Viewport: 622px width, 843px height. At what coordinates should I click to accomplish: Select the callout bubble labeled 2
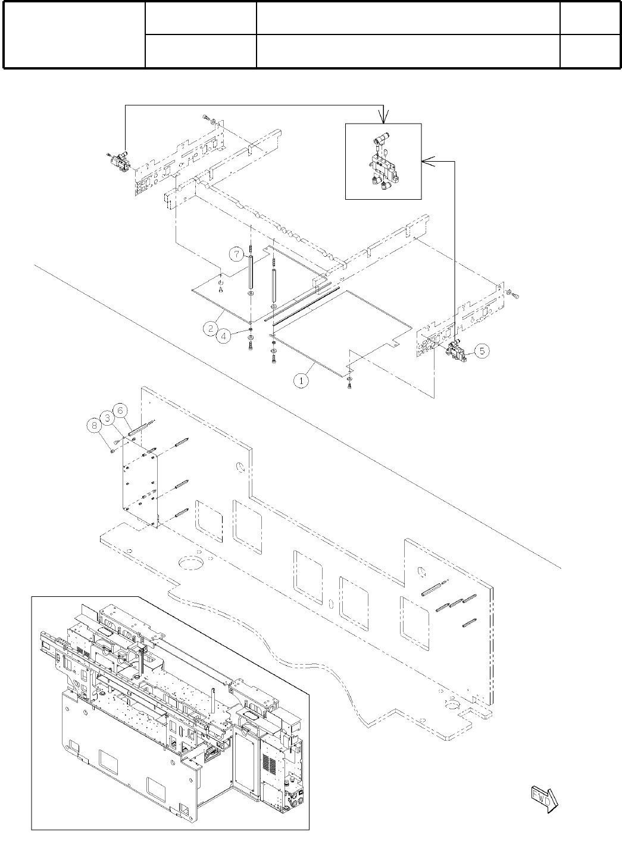click(x=210, y=328)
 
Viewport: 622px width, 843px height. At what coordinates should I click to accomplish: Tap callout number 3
click(x=108, y=417)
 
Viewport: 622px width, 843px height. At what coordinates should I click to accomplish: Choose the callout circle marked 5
click(x=482, y=351)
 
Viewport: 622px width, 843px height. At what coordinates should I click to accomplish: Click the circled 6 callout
click(x=121, y=410)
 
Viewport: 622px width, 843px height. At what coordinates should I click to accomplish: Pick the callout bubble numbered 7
click(x=236, y=254)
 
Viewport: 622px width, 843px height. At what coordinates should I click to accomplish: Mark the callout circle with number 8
click(x=93, y=425)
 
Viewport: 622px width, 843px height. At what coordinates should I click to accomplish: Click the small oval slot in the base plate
click(x=330, y=604)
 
